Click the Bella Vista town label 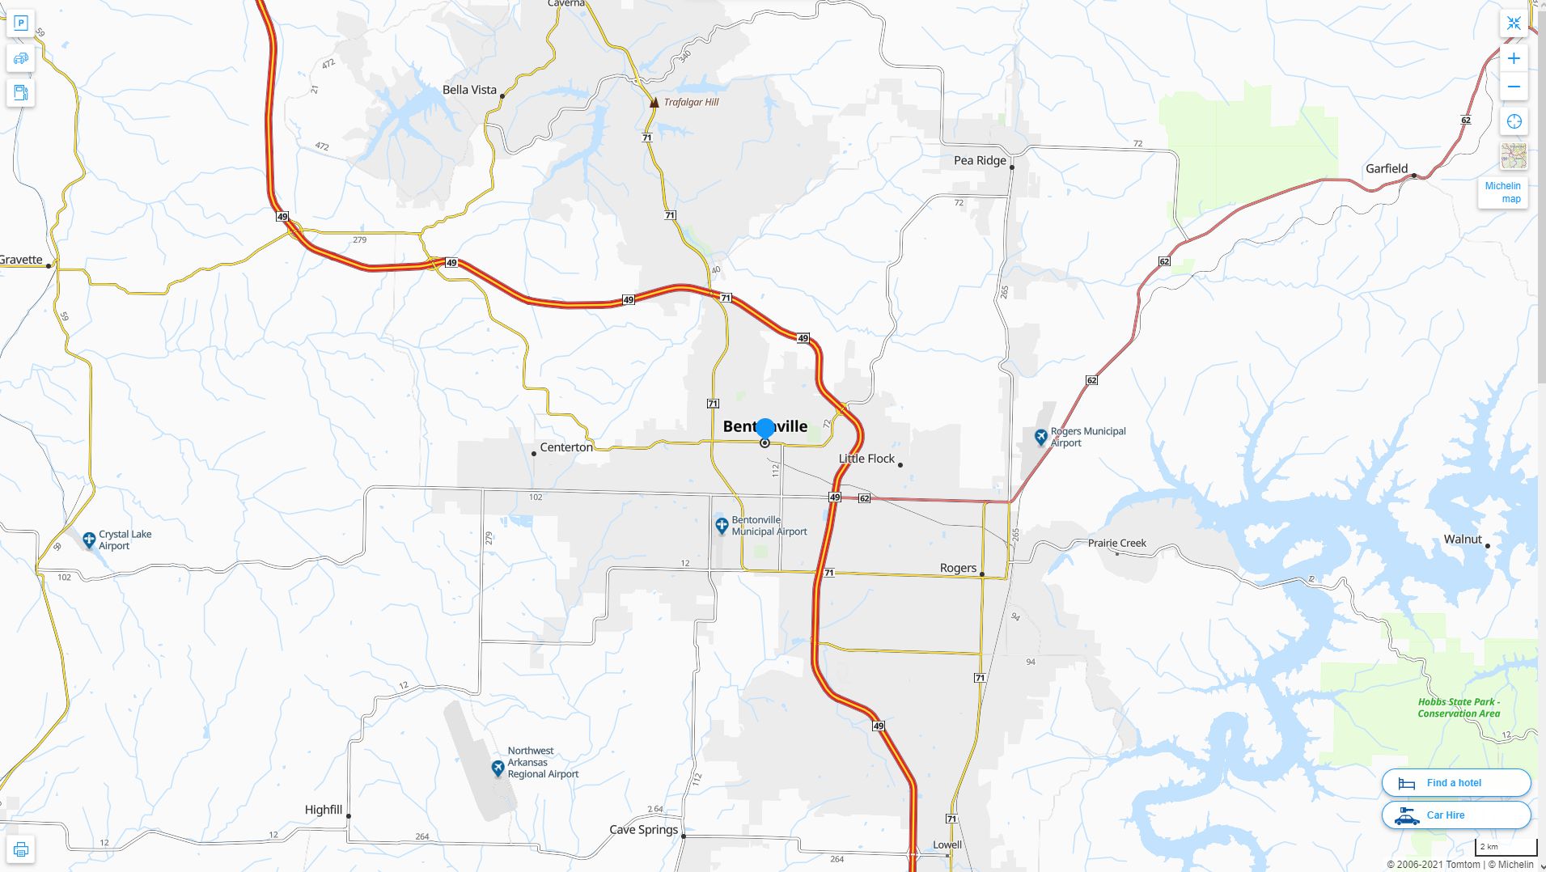pyautogui.click(x=469, y=90)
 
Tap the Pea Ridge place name pyautogui.click(x=980, y=160)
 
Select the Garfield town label pyautogui.click(x=1387, y=168)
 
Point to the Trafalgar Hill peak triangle pyautogui.click(x=654, y=102)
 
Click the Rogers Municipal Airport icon pyautogui.click(x=1041, y=437)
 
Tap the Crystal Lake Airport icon pyautogui.click(x=89, y=540)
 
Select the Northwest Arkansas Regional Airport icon pyautogui.click(x=498, y=768)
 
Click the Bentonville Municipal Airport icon pyautogui.click(x=722, y=526)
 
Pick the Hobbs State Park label pyautogui.click(x=1459, y=708)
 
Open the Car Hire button pyautogui.click(x=1455, y=815)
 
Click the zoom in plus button pyautogui.click(x=1514, y=58)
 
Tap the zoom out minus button pyautogui.click(x=1514, y=87)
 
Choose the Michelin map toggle pyautogui.click(x=1503, y=193)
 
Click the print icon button pyautogui.click(x=21, y=849)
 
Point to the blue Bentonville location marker pyautogui.click(x=765, y=429)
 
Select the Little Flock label pyautogui.click(x=866, y=459)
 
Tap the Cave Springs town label pyautogui.click(x=643, y=829)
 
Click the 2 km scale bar pyautogui.click(x=1506, y=848)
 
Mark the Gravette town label pyautogui.click(x=22, y=260)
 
